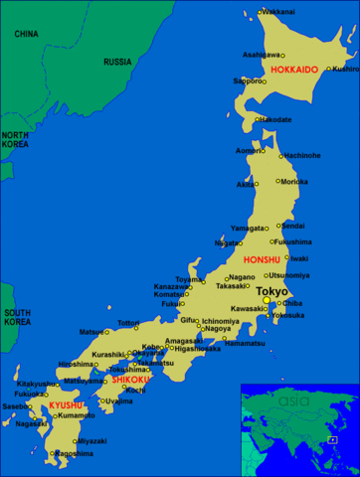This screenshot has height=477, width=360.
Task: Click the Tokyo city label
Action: tap(271, 291)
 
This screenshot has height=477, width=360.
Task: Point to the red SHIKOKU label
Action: tap(130, 380)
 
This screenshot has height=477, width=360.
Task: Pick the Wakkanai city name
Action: tap(277, 11)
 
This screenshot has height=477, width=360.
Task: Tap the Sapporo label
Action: tap(247, 80)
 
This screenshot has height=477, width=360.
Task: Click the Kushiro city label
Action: tap(344, 69)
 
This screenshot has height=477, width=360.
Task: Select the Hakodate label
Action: tap(275, 119)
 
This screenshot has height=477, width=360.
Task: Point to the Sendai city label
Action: tap(293, 226)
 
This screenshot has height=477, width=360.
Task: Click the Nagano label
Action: tap(242, 277)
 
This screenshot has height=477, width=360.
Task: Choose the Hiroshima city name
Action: tap(76, 364)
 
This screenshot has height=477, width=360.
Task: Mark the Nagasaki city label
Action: tap(31, 423)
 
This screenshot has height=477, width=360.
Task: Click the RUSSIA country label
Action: tap(117, 62)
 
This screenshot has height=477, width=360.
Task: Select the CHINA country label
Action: tap(26, 34)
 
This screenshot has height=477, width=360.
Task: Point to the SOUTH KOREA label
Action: tap(16, 317)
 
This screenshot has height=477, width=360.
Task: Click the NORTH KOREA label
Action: tap(15, 140)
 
